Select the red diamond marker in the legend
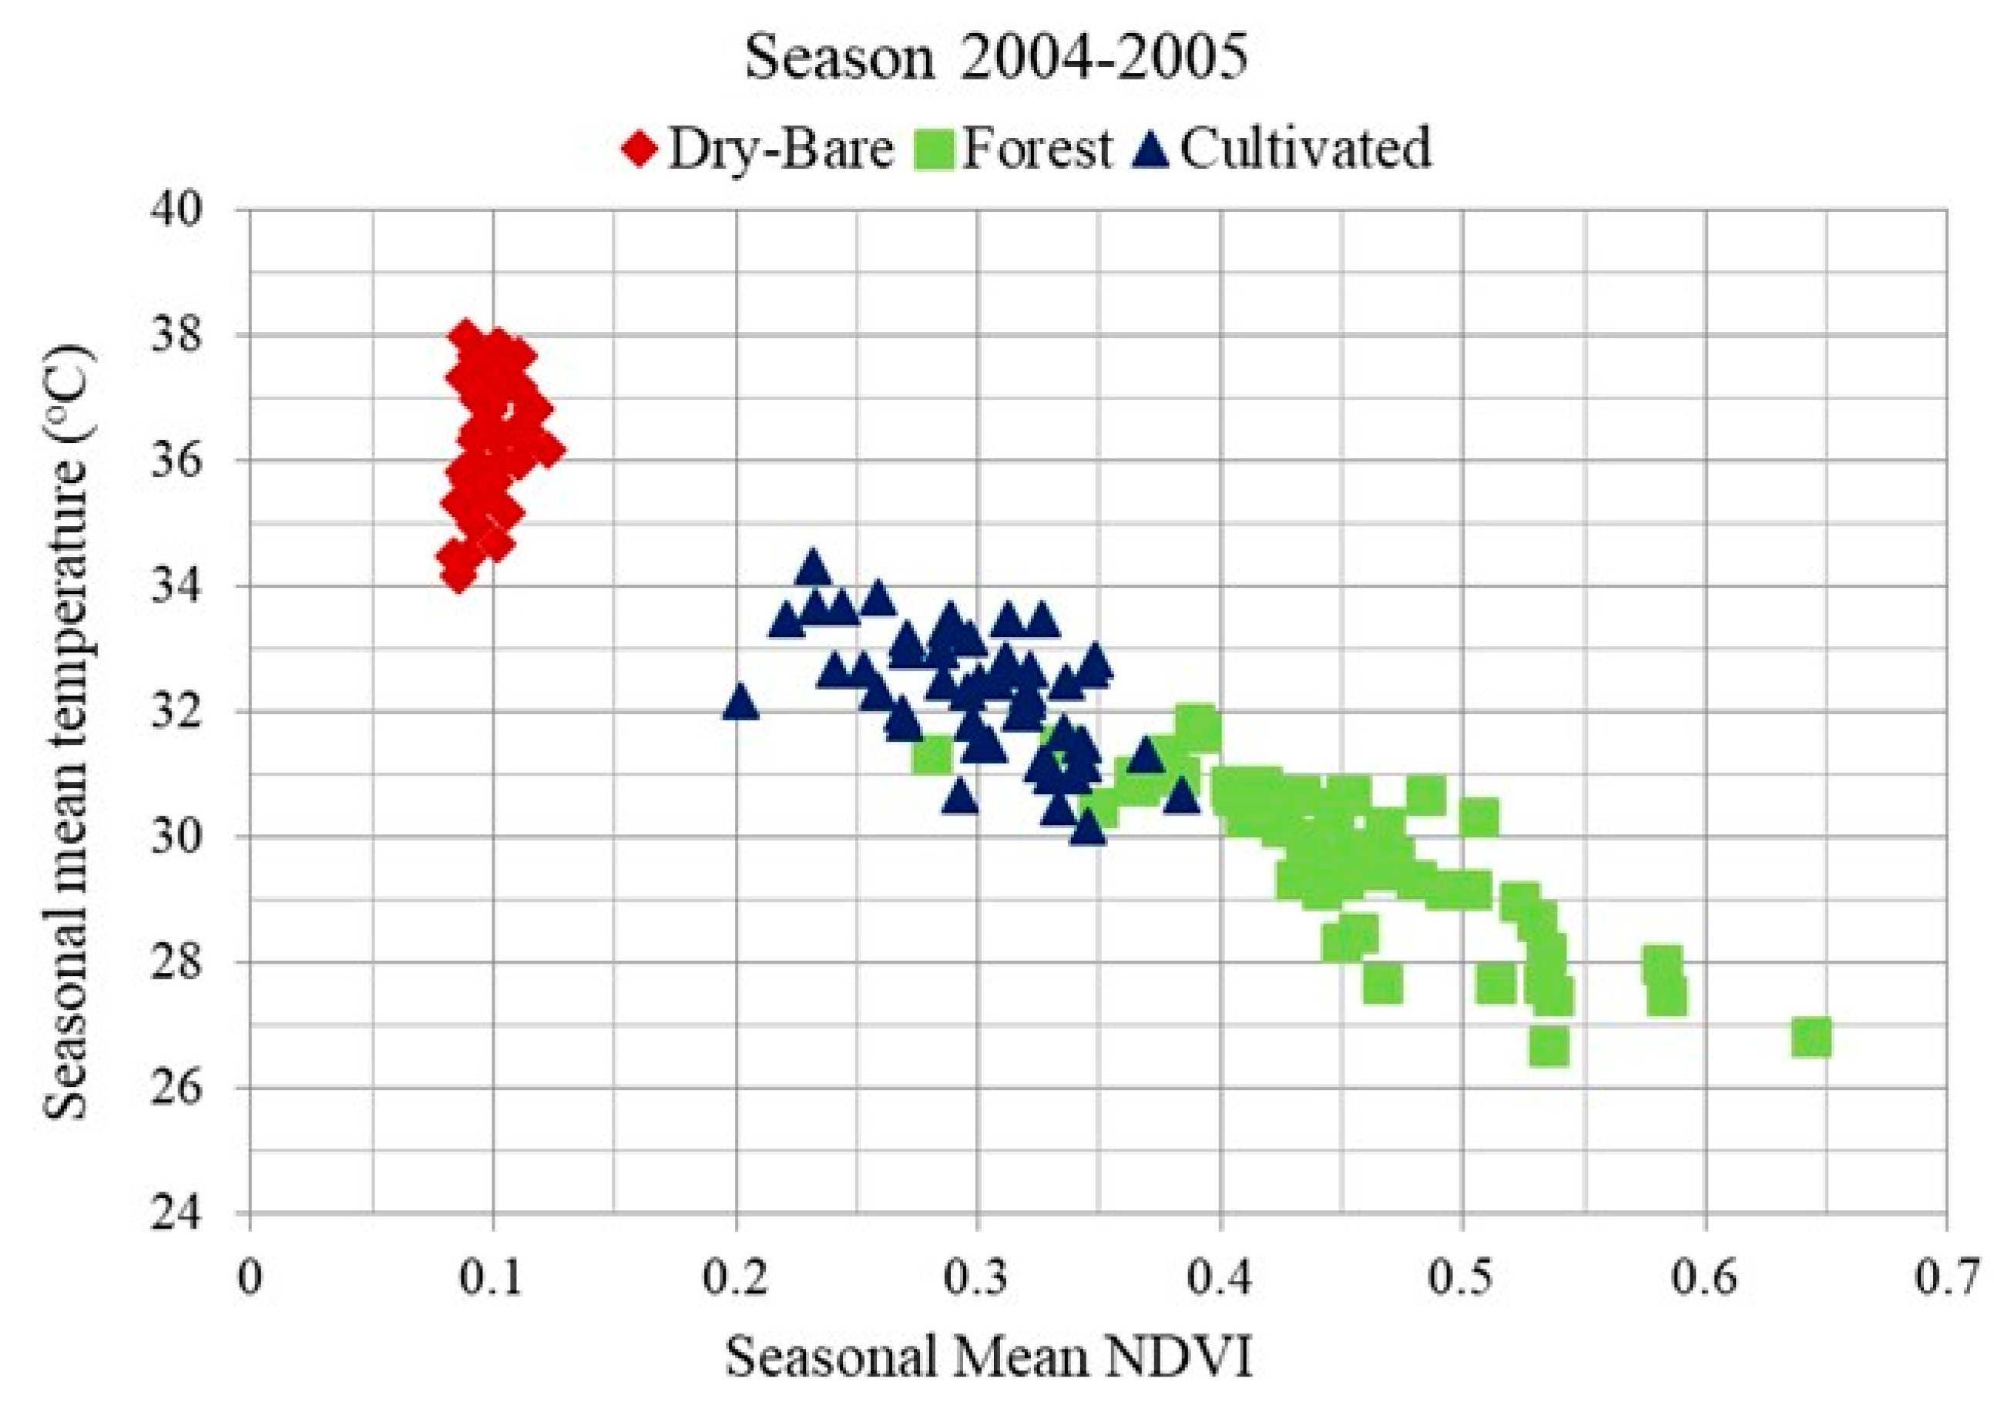coord(640,149)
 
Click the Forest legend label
coord(1036,149)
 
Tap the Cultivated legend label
coord(1304,149)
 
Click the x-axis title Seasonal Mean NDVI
coord(989,1357)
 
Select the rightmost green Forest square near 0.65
coord(1811,1038)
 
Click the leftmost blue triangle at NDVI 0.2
coord(740,701)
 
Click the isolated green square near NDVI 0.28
coord(932,755)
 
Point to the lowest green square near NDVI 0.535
coord(1549,1047)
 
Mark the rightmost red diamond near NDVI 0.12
coord(548,450)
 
